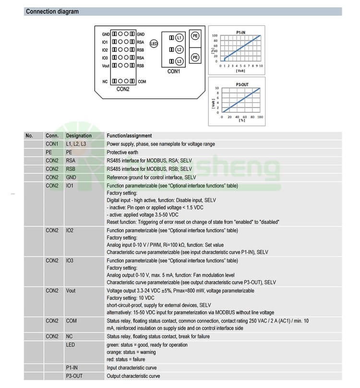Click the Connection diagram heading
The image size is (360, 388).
click(52, 12)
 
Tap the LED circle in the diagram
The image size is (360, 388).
click(154, 44)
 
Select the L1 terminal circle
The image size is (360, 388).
click(179, 37)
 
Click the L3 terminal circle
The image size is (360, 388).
click(179, 61)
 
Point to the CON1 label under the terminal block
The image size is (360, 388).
click(173, 72)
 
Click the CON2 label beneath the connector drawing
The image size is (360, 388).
click(123, 89)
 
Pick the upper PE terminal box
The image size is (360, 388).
click(195, 36)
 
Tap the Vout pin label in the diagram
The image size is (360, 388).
click(106, 65)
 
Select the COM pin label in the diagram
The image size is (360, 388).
click(142, 82)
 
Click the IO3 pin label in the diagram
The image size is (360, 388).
click(105, 58)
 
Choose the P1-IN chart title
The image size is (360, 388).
click(241, 32)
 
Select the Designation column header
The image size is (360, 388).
click(79, 136)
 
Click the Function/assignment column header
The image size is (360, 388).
click(129, 136)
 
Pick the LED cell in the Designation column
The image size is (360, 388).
click(71, 345)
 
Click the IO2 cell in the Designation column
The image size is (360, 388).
click(70, 230)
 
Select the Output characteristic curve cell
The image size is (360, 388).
click(133, 376)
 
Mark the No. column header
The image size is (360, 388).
click(30, 136)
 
